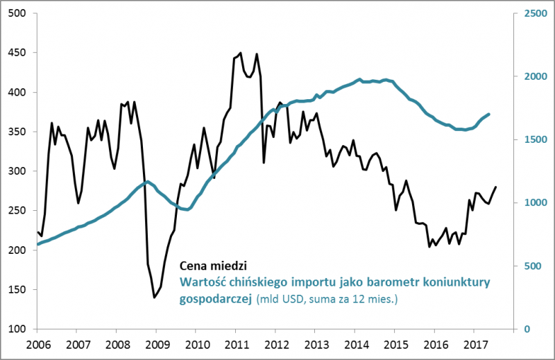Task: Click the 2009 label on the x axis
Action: (x=156, y=343)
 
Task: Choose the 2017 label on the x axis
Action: (x=475, y=343)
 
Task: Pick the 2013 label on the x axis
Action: (x=316, y=343)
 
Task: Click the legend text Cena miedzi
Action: (x=213, y=266)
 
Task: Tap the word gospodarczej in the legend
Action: (x=216, y=299)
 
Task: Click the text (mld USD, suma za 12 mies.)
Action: (x=329, y=300)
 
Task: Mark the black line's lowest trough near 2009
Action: (x=154, y=298)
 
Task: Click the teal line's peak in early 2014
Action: (x=359, y=79)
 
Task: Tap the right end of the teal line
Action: (x=490, y=114)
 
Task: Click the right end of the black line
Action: (x=496, y=187)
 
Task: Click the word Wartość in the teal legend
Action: (x=200, y=282)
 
